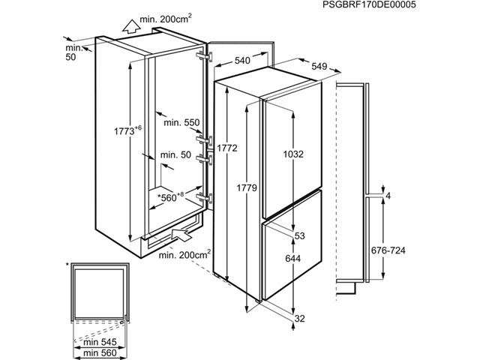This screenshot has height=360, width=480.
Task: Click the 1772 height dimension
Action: click(x=228, y=148)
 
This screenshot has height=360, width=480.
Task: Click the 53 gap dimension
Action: click(x=299, y=237)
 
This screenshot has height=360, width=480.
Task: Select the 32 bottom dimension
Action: click(x=301, y=318)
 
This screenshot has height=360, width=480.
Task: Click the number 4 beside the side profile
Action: click(x=388, y=195)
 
